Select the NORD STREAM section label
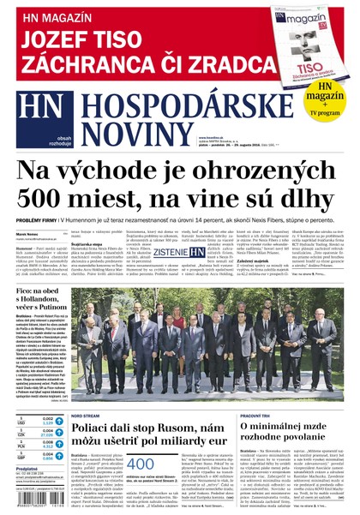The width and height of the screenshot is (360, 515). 87,415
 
